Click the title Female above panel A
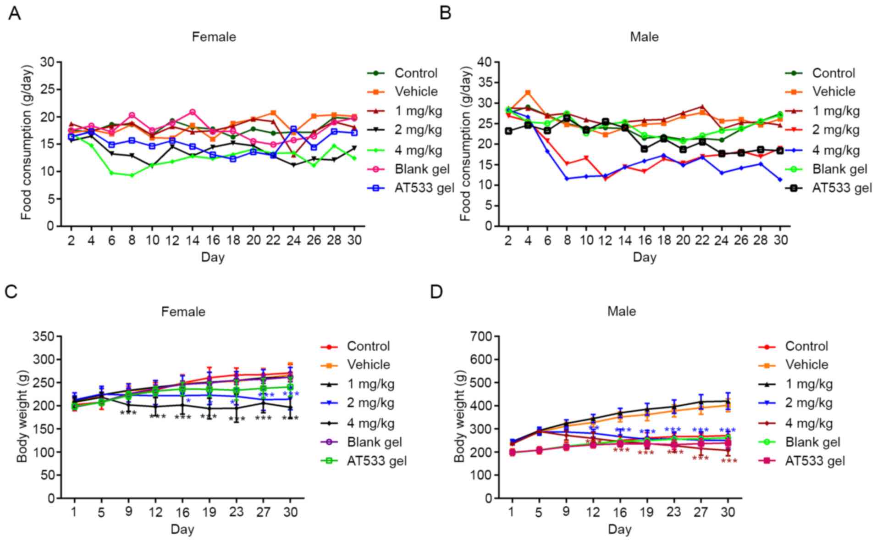(214, 37)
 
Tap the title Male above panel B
(644, 37)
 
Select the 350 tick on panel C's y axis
(44, 337)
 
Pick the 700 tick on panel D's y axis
(481, 337)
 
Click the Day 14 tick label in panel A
(193, 240)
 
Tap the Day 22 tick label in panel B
(702, 240)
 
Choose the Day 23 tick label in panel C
(236, 512)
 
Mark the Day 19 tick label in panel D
(647, 512)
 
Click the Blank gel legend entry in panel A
(422, 169)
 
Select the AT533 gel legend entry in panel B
(842, 188)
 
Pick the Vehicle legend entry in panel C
(368, 365)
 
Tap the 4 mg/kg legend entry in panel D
(809, 424)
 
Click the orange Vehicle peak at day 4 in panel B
(528, 93)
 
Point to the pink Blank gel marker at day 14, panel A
(193, 112)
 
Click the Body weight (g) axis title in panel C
(22, 417)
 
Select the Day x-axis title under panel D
(619, 529)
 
